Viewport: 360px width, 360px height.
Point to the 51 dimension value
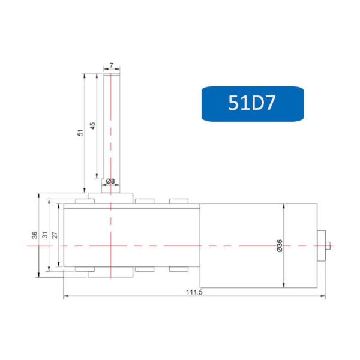click(79, 133)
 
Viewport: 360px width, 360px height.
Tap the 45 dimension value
click(92, 125)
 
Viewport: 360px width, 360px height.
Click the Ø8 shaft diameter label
click(110, 181)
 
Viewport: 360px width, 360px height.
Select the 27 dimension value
click(55, 235)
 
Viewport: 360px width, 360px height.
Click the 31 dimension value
click(45, 235)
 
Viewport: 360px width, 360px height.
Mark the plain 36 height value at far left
click(34, 235)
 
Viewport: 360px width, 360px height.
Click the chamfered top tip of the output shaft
click(111, 74)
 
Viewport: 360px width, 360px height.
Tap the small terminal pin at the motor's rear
click(329, 244)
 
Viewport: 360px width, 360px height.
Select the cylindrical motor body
click(258, 244)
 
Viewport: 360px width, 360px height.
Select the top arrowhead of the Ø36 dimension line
click(283, 205)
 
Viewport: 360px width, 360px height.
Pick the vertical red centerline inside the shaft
click(111, 132)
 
